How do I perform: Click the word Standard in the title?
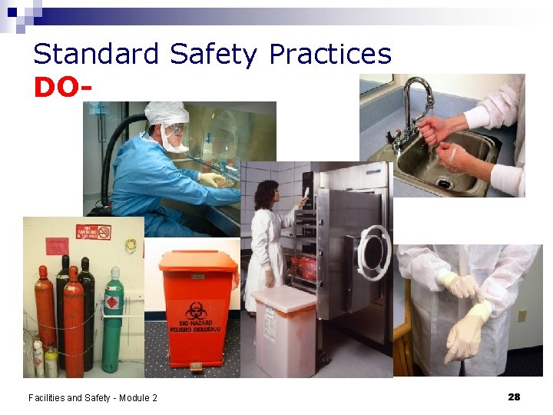point(96,55)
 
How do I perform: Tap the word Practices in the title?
point(330,55)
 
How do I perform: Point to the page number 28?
point(514,397)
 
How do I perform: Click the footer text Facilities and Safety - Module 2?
point(93,397)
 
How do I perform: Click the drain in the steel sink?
point(443,182)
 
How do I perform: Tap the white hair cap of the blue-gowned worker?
point(167,114)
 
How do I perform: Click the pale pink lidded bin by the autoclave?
point(284,330)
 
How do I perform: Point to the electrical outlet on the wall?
point(522,316)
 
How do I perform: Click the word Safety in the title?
point(213,55)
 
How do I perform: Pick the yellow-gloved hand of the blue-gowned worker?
point(211,179)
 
